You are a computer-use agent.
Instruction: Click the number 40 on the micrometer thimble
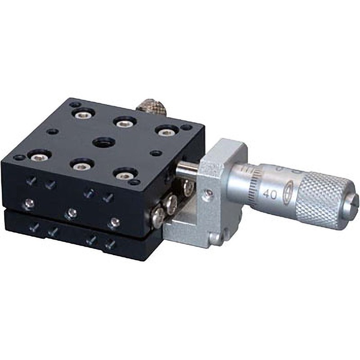(x=270, y=194)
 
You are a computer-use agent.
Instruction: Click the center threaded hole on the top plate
(x=102, y=143)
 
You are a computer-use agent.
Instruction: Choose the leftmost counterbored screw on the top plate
(x=38, y=156)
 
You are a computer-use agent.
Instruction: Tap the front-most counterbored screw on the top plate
(x=125, y=175)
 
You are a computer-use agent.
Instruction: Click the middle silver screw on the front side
(x=70, y=213)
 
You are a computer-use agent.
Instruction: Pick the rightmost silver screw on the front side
(x=115, y=222)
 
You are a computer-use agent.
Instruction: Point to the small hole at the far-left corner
(x=18, y=158)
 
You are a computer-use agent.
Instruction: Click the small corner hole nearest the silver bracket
(x=135, y=183)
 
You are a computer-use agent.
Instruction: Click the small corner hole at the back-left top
(x=75, y=104)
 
